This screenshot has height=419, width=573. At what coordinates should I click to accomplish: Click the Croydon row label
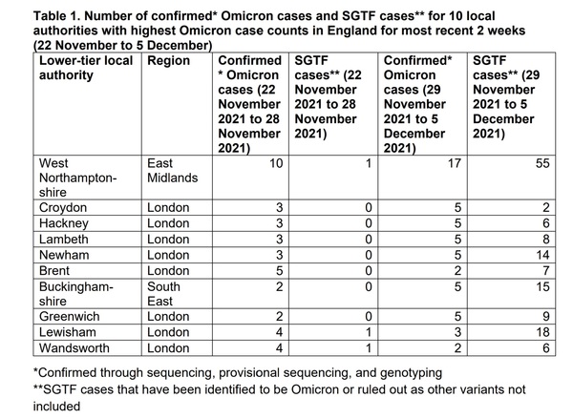63,207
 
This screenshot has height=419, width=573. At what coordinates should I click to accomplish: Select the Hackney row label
64,223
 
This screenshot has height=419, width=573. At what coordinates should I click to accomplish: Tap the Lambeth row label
65,240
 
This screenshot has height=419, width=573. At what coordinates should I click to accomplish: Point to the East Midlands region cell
172,171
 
